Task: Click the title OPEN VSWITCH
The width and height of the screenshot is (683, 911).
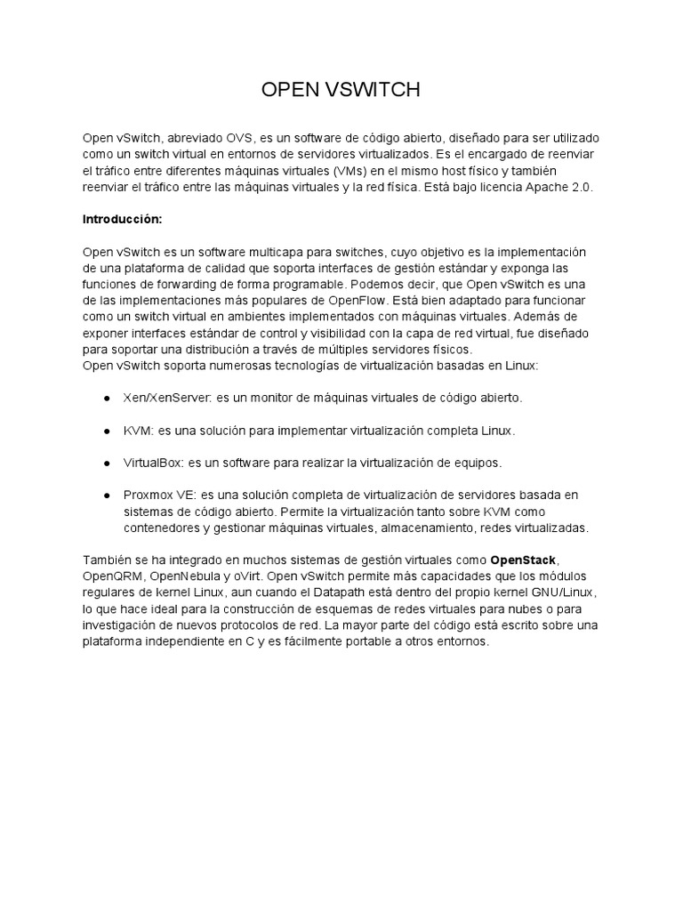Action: (341, 90)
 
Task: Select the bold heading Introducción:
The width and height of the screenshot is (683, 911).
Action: (123, 218)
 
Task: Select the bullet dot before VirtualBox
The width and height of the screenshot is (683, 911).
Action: (106, 464)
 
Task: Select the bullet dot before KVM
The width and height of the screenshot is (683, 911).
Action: (106, 431)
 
